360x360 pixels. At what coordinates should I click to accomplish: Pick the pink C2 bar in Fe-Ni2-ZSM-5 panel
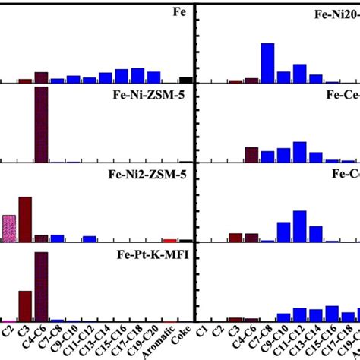(8, 229)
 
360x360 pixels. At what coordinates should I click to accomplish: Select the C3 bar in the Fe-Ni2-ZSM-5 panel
(25, 219)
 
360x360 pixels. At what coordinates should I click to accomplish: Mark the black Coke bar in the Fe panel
(185, 79)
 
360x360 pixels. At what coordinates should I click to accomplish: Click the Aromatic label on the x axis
(169, 341)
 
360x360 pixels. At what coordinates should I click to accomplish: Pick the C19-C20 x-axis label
(153, 340)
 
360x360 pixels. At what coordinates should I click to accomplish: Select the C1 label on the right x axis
(203, 331)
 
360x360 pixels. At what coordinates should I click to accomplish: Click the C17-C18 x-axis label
(137, 340)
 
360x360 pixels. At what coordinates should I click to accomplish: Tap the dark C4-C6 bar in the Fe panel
(41, 77)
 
